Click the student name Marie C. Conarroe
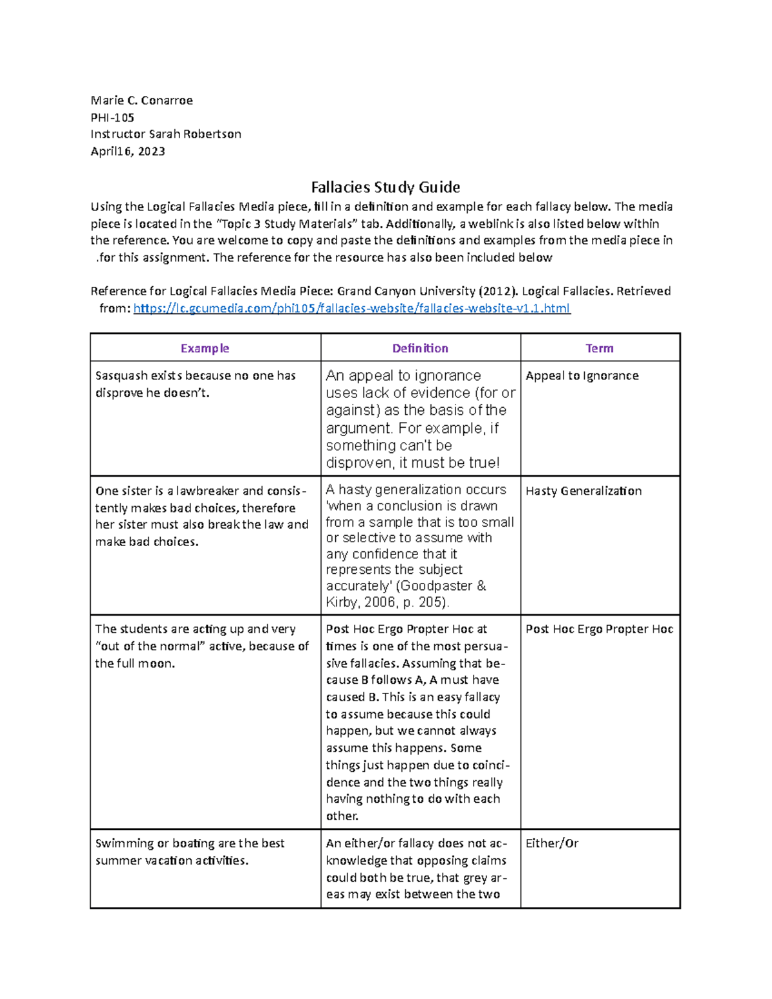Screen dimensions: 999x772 coord(142,100)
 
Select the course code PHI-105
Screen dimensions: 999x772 coord(113,118)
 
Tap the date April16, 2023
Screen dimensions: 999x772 coord(128,152)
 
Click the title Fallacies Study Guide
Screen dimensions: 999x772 coord(385,187)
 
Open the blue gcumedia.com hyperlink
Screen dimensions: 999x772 coord(351,308)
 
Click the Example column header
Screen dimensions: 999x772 coord(205,348)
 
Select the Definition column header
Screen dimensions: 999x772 coord(420,348)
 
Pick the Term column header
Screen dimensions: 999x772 coord(600,348)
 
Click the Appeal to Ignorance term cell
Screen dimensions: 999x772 coord(582,376)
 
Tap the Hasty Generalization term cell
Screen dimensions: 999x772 coord(584,491)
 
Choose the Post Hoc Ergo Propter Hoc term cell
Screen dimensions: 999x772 coord(599,629)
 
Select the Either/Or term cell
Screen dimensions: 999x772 coord(552,843)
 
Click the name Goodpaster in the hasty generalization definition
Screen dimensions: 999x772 coord(436,586)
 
